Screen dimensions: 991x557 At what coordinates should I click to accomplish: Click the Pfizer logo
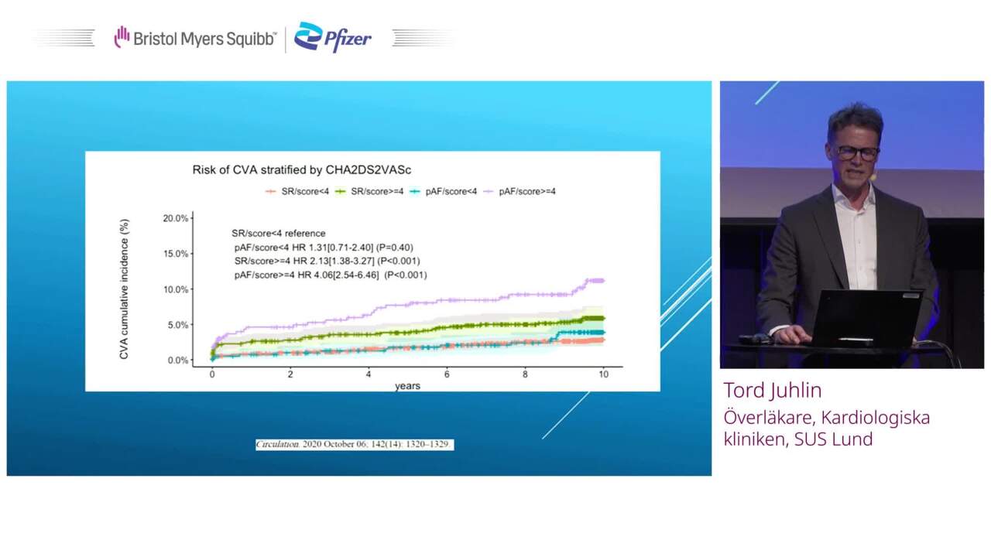pyautogui.click(x=333, y=37)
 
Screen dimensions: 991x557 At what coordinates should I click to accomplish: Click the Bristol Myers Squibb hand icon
pyautogui.click(x=122, y=36)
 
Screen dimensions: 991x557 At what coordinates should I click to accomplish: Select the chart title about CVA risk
pyautogui.click(x=302, y=169)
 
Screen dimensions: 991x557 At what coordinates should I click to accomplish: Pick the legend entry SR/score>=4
pyautogui.click(x=369, y=191)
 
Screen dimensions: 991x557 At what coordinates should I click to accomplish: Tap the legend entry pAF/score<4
pyautogui.click(x=444, y=191)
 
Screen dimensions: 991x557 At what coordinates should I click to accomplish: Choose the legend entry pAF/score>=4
pyautogui.click(x=520, y=191)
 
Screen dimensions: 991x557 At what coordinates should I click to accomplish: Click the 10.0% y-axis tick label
pyautogui.click(x=176, y=289)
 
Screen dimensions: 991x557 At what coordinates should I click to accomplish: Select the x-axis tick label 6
pyautogui.click(x=447, y=374)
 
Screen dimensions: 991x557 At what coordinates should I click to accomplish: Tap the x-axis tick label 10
pyautogui.click(x=603, y=374)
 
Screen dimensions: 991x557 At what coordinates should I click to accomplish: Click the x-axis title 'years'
pyautogui.click(x=407, y=386)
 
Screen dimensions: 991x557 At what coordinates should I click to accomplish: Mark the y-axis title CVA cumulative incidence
pyautogui.click(x=124, y=289)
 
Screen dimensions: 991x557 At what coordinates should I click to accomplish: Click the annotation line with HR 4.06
pyautogui.click(x=331, y=275)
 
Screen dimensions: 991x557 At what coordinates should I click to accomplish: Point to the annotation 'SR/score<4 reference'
pyautogui.click(x=278, y=234)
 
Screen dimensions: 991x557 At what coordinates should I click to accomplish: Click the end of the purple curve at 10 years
pyautogui.click(x=604, y=280)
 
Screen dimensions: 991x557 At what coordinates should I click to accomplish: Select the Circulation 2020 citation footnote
pyautogui.click(x=355, y=444)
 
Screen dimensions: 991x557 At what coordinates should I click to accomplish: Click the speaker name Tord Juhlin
pyautogui.click(x=773, y=391)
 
